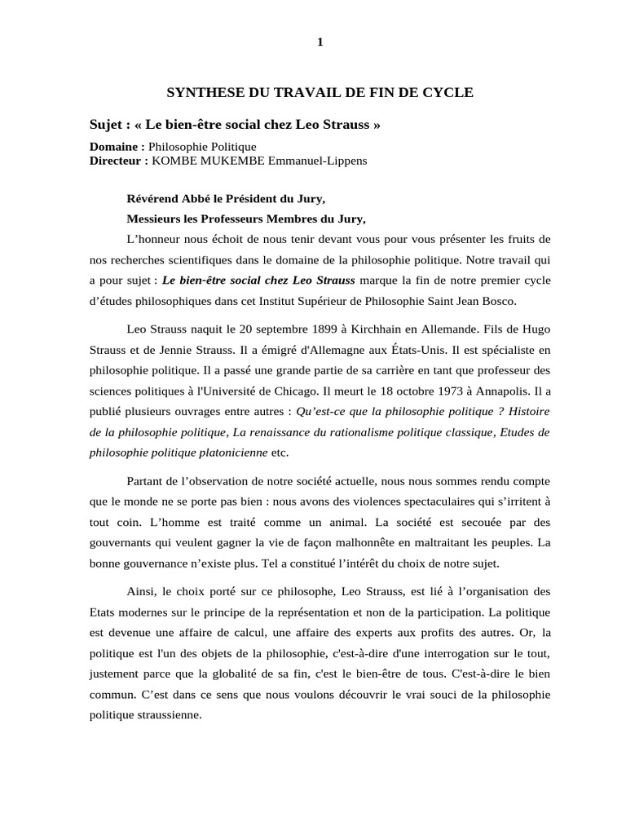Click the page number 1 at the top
(x=320, y=43)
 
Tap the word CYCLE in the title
(x=450, y=93)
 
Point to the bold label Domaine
(x=114, y=146)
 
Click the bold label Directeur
(x=116, y=161)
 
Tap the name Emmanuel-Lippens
(x=324, y=161)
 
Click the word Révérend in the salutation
(x=153, y=199)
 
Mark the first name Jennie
(x=207, y=349)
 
